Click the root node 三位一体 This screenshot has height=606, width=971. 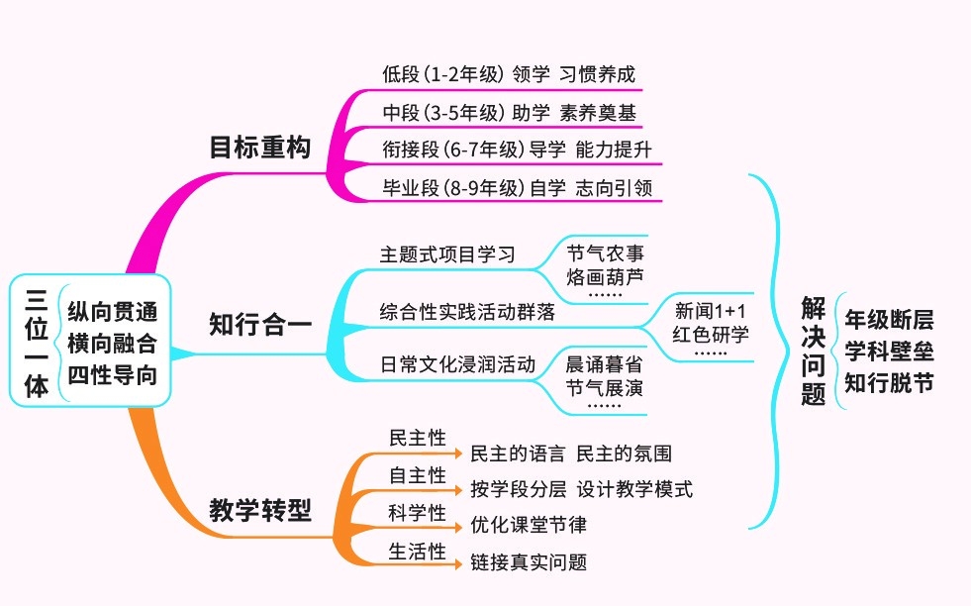click(36, 344)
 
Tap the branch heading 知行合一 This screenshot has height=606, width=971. click(259, 324)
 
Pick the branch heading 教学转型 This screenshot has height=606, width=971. click(259, 510)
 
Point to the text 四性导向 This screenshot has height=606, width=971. click(112, 376)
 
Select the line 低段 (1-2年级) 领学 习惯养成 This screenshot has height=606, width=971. click(508, 74)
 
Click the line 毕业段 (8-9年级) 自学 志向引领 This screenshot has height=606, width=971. click(517, 187)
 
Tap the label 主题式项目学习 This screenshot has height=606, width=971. click(447, 253)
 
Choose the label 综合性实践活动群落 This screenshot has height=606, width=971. click(467, 311)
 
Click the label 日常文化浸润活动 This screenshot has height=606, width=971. click(457, 363)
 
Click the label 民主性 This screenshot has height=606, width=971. click(417, 438)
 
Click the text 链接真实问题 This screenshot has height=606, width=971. click(528, 562)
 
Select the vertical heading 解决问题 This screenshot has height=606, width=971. click(813, 352)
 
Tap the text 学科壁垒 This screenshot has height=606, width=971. click(889, 352)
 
